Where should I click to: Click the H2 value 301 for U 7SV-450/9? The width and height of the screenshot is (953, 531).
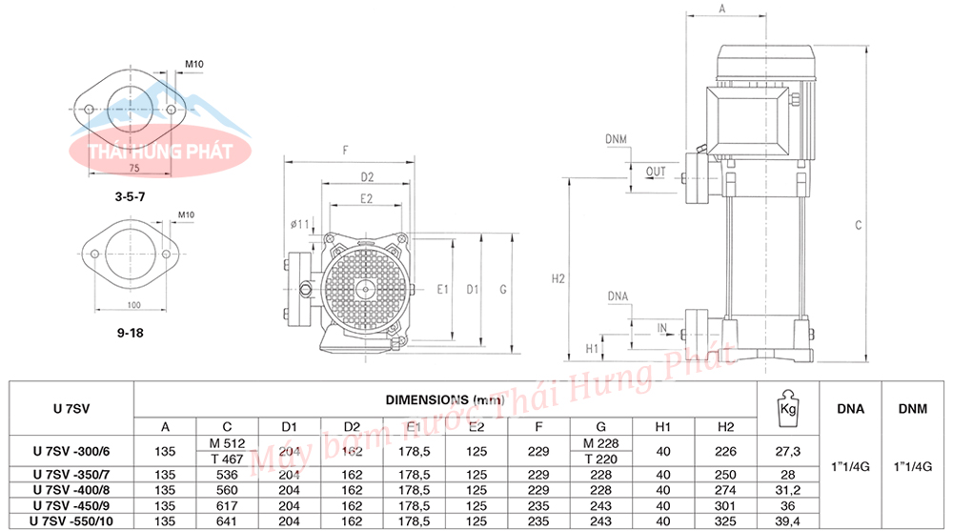tap(725, 506)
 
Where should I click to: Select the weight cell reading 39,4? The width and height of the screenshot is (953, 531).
tap(788, 521)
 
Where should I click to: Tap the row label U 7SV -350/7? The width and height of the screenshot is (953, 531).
tap(71, 475)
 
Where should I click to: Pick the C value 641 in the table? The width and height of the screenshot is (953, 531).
tap(227, 521)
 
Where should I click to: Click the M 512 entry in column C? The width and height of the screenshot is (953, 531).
tap(228, 443)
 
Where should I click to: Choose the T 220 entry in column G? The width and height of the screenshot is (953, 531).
tap(600, 460)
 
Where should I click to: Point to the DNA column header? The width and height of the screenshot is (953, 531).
tap(850, 409)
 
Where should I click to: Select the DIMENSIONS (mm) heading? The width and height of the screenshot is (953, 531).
tap(445, 399)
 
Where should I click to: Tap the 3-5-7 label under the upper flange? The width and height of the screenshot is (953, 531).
tap(130, 196)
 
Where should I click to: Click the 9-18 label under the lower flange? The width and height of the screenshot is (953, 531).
tap(130, 333)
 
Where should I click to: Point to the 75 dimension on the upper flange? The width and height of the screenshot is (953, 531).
tap(134, 168)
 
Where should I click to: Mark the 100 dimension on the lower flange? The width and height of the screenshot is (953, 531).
tap(133, 305)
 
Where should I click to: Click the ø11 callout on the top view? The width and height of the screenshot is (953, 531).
tap(299, 224)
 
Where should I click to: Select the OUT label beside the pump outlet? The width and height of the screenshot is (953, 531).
tap(656, 172)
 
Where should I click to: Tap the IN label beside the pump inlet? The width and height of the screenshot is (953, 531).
tap(662, 329)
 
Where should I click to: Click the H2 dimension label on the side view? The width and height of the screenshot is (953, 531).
tap(558, 278)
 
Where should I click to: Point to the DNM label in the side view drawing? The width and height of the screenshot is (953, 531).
tap(616, 139)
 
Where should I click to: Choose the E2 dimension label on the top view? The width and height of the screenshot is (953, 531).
tap(366, 199)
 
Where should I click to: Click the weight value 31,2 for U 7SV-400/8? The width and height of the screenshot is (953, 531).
tap(788, 490)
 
